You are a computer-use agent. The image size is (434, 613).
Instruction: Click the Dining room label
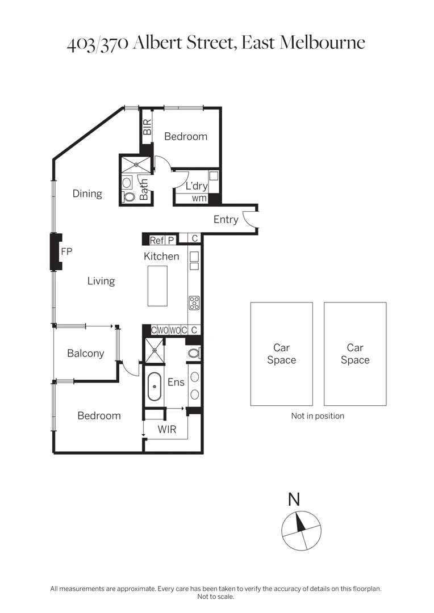87,194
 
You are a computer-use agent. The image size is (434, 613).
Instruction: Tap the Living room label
101,281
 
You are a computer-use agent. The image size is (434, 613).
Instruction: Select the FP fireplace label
66,251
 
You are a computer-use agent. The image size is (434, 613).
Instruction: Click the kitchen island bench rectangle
157,285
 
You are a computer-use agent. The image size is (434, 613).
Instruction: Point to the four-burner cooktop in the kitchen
194,303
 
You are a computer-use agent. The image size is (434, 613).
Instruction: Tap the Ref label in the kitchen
156,240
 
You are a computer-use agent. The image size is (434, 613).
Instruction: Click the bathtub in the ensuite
154,387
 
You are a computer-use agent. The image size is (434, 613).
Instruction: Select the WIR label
166,430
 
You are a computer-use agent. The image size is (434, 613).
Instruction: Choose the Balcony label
85,354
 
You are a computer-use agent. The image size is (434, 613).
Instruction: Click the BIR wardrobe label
147,127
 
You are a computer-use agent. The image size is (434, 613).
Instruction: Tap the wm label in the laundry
199,198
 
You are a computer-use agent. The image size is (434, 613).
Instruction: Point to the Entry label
226,220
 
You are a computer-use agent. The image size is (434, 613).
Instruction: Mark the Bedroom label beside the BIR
185,136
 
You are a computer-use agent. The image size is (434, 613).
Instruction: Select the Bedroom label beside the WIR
99,415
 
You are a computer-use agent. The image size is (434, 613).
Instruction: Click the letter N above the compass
294,499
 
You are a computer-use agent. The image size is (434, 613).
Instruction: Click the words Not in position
318,415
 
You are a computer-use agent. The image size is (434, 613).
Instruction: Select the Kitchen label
161,257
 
